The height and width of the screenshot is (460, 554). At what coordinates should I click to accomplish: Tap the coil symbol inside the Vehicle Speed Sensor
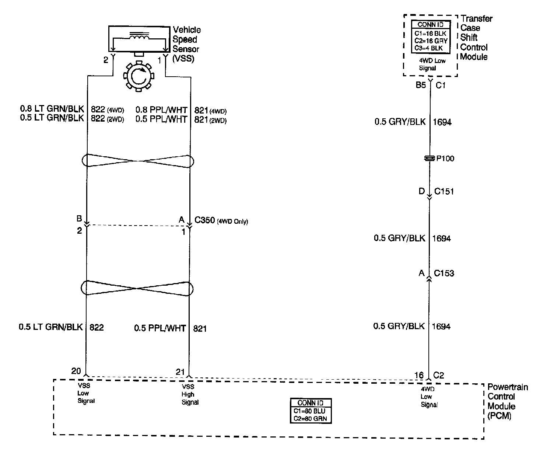coord(138,37)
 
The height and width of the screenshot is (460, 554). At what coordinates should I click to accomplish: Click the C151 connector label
coord(444,191)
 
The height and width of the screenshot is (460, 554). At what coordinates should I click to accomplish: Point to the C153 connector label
coord(444,273)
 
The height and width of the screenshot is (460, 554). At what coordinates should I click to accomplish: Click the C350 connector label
coord(204,220)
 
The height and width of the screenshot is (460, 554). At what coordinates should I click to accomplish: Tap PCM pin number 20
coord(76,371)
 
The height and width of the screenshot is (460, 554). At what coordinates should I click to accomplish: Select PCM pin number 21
coord(180,372)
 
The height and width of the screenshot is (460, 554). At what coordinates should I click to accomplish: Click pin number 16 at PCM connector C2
coord(419,375)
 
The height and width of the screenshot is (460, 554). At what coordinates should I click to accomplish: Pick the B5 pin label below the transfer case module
coord(421,85)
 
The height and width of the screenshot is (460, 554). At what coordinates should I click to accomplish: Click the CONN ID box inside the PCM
coord(310,411)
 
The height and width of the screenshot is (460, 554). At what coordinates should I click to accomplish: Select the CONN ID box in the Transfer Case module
coord(430,36)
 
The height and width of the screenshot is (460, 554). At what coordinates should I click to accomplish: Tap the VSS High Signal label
coord(190,394)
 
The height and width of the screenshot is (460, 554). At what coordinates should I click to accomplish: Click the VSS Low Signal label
coord(85,393)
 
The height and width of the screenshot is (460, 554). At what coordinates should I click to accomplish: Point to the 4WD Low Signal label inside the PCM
coord(429,397)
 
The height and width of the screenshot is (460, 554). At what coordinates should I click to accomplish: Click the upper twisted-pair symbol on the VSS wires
coord(138,161)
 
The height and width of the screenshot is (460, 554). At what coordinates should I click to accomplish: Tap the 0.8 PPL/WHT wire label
coord(161,109)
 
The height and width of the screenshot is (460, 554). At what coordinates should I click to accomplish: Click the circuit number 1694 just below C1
coord(442,122)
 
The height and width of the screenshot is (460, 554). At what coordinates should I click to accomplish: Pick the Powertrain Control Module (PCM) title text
coord(507,401)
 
